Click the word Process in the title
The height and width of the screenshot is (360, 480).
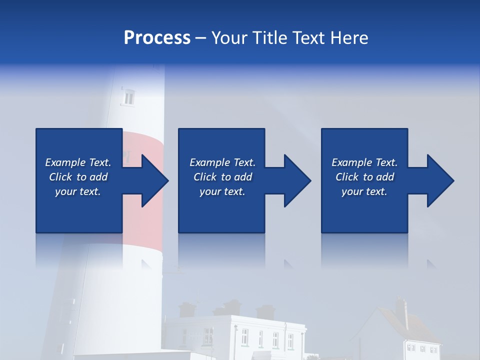tap(157, 38)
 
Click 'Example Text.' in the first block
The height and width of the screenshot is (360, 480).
tap(78, 162)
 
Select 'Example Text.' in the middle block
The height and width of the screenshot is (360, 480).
tap(222, 162)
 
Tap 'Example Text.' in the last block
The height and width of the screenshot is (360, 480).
tap(364, 162)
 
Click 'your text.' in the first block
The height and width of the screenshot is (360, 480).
tap(78, 191)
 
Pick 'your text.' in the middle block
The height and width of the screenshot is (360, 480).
tap(222, 191)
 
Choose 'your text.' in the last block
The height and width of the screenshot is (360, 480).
tap(364, 191)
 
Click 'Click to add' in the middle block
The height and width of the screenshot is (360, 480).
tap(222, 177)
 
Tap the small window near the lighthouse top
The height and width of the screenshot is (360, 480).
tap(128, 97)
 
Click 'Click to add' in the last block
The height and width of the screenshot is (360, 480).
tap(364, 177)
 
